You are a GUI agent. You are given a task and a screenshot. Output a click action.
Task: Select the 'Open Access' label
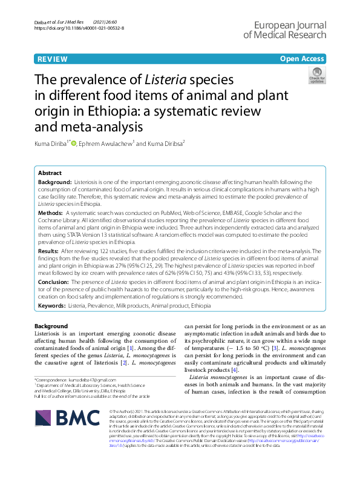click(x=302, y=58)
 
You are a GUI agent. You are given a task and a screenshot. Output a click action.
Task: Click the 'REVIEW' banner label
click(x=53, y=58)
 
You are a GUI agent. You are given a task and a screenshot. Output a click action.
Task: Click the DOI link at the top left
click(x=79, y=28)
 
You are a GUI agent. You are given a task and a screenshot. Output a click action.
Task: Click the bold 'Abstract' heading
click(x=50, y=173)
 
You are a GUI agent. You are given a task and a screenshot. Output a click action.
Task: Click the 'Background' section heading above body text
click(x=51, y=326)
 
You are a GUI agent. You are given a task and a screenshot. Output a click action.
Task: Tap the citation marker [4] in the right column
click(x=235, y=370)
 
